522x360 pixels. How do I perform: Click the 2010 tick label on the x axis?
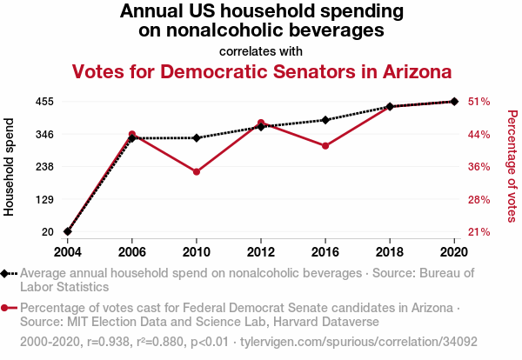tap(197, 252)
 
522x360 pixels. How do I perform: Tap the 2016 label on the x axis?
tap(325, 252)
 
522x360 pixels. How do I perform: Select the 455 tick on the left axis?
tap(45, 102)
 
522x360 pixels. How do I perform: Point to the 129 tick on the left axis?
tap(45, 200)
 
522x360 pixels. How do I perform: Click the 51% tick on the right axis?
tap(479, 102)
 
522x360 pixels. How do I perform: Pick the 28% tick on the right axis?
tap(479, 200)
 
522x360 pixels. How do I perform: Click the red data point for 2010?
tap(197, 172)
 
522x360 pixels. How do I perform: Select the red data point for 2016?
tap(325, 146)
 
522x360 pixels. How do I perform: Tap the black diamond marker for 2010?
tap(197, 138)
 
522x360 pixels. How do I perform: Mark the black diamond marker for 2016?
tap(325, 120)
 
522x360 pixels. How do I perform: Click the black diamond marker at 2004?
tap(67, 231)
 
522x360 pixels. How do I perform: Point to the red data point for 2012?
tap(261, 123)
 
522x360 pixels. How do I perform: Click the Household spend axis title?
tap(10, 167)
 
